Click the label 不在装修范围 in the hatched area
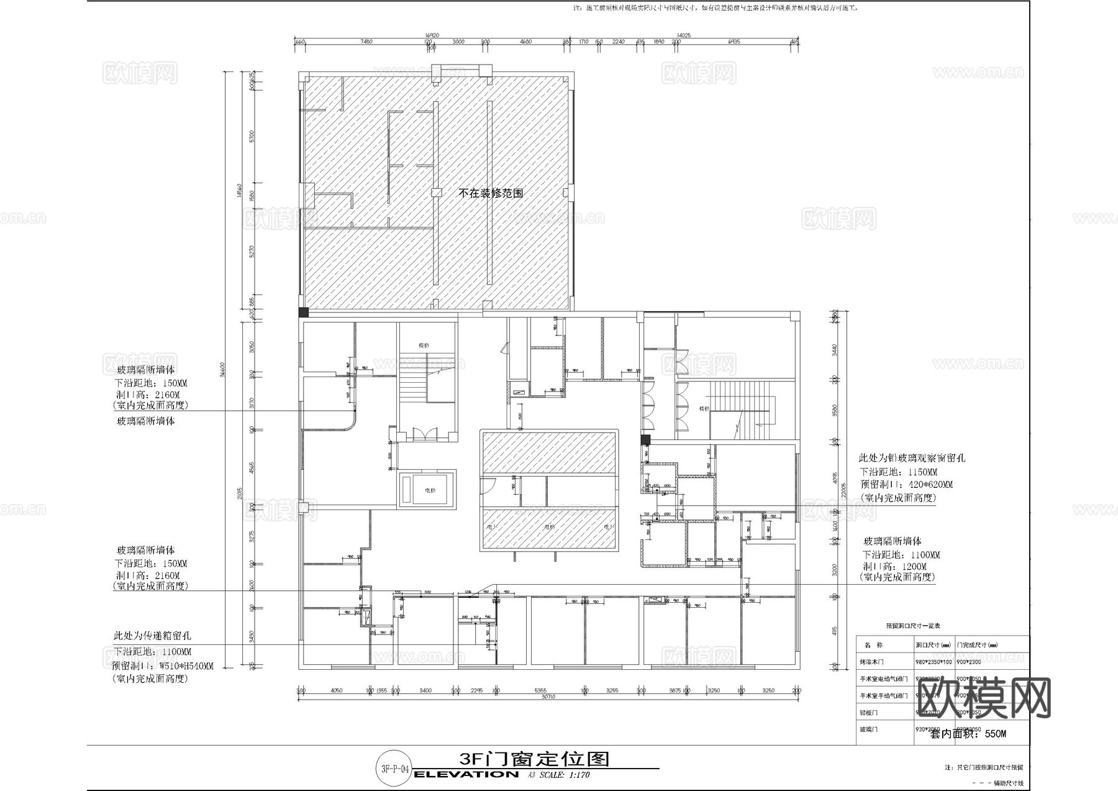491,193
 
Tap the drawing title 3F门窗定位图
534,759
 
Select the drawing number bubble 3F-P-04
394,769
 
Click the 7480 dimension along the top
366,42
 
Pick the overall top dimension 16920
432,35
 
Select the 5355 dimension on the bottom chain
540,690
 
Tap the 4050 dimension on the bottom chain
336,690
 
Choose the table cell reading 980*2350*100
934,662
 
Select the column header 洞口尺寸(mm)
933,645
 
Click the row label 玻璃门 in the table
868,729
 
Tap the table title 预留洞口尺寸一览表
912,626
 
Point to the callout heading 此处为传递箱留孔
152,636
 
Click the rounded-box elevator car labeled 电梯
427,490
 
